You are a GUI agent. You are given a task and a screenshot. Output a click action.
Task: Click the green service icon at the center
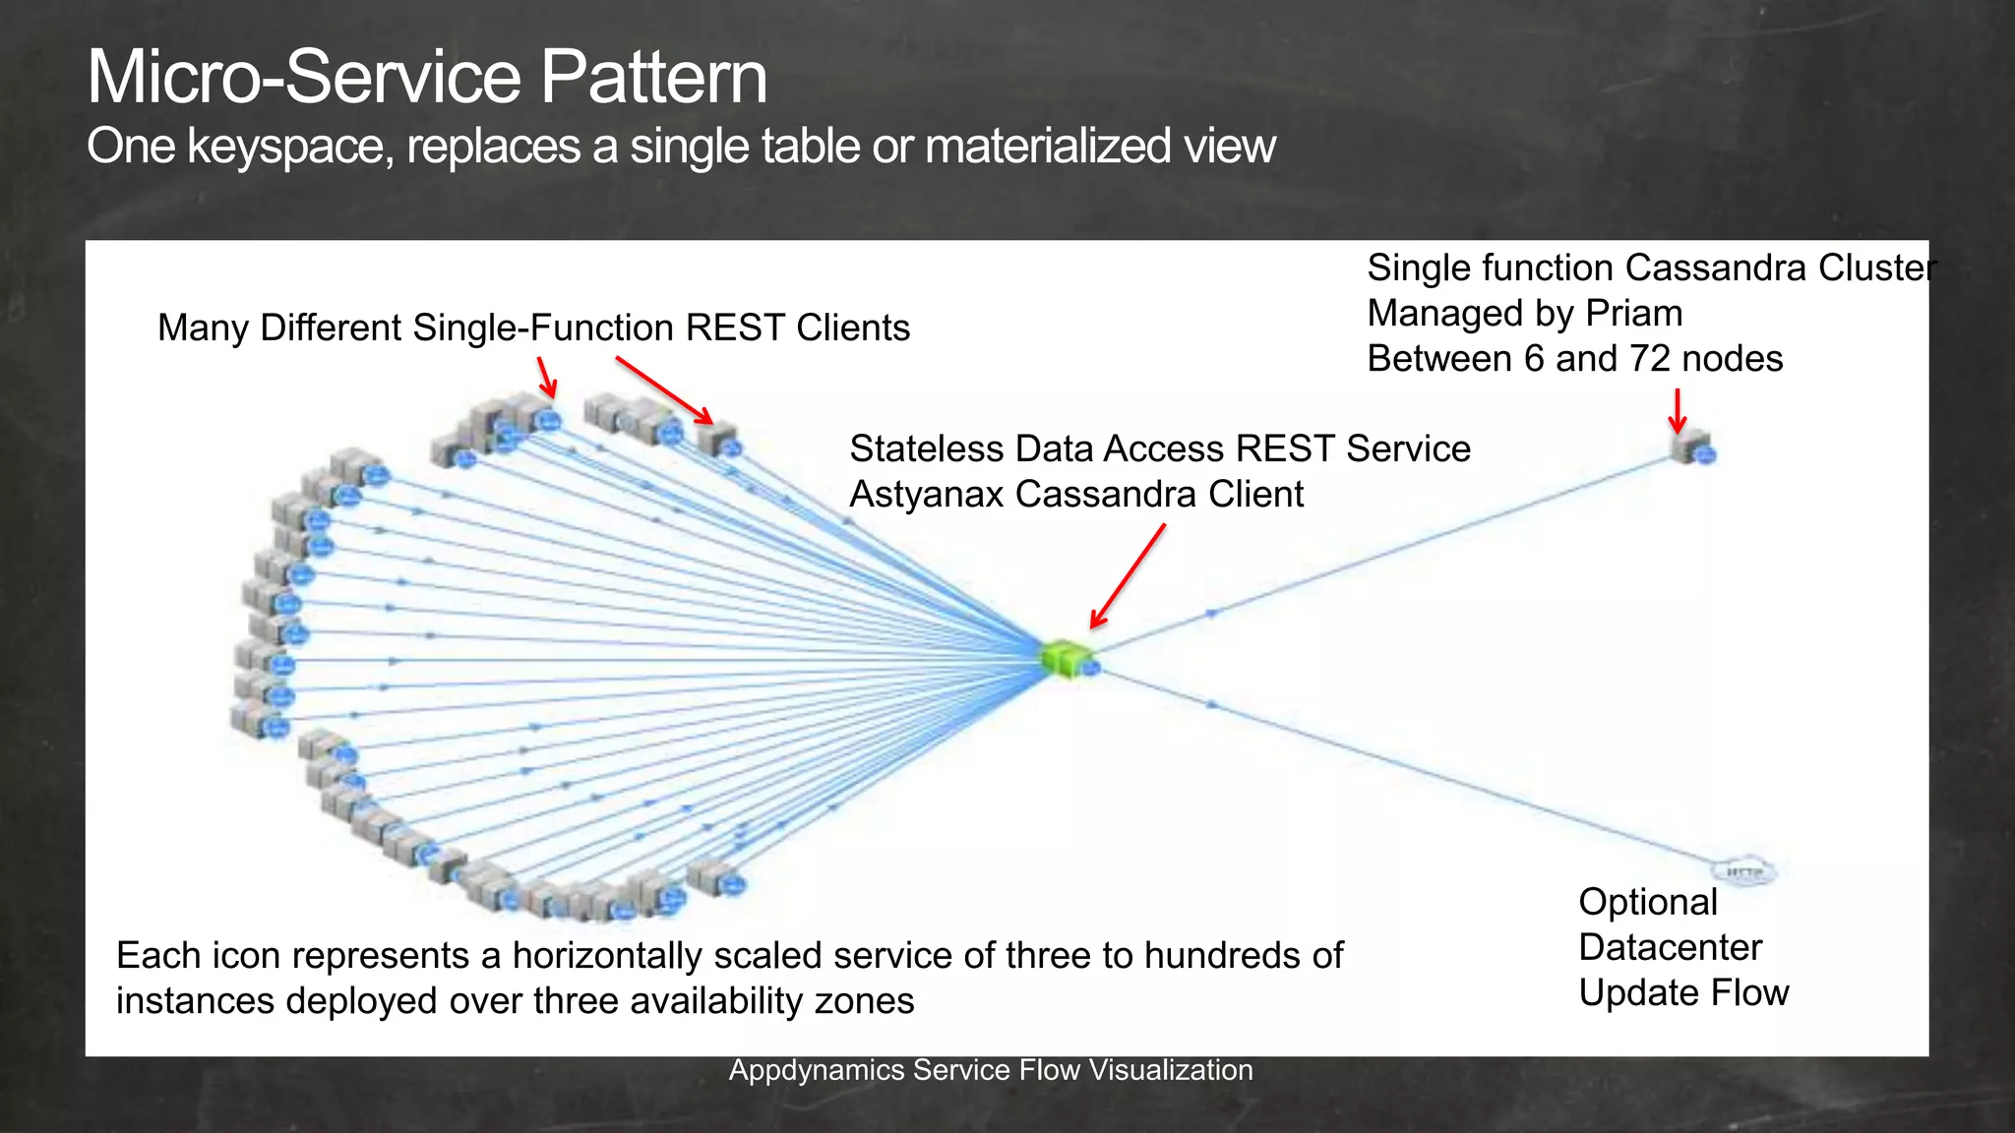tap(1066, 657)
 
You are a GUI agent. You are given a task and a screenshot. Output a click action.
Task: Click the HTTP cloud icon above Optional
tap(1744, 871)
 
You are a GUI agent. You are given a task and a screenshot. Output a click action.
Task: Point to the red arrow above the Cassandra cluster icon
tap(1678, 410)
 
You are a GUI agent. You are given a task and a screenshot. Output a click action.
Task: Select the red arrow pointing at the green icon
tap(1129, 575)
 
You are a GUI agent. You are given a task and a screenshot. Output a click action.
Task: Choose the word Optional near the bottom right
tap(1647, 902)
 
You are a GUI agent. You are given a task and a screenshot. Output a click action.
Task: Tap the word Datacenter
tap(1670, 947)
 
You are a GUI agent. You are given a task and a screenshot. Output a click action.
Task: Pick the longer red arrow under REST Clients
tap(663, 389)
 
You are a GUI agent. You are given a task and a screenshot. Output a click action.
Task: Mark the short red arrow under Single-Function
tap(547, 377)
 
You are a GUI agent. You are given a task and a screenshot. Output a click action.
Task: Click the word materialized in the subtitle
tap(1048, 148)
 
